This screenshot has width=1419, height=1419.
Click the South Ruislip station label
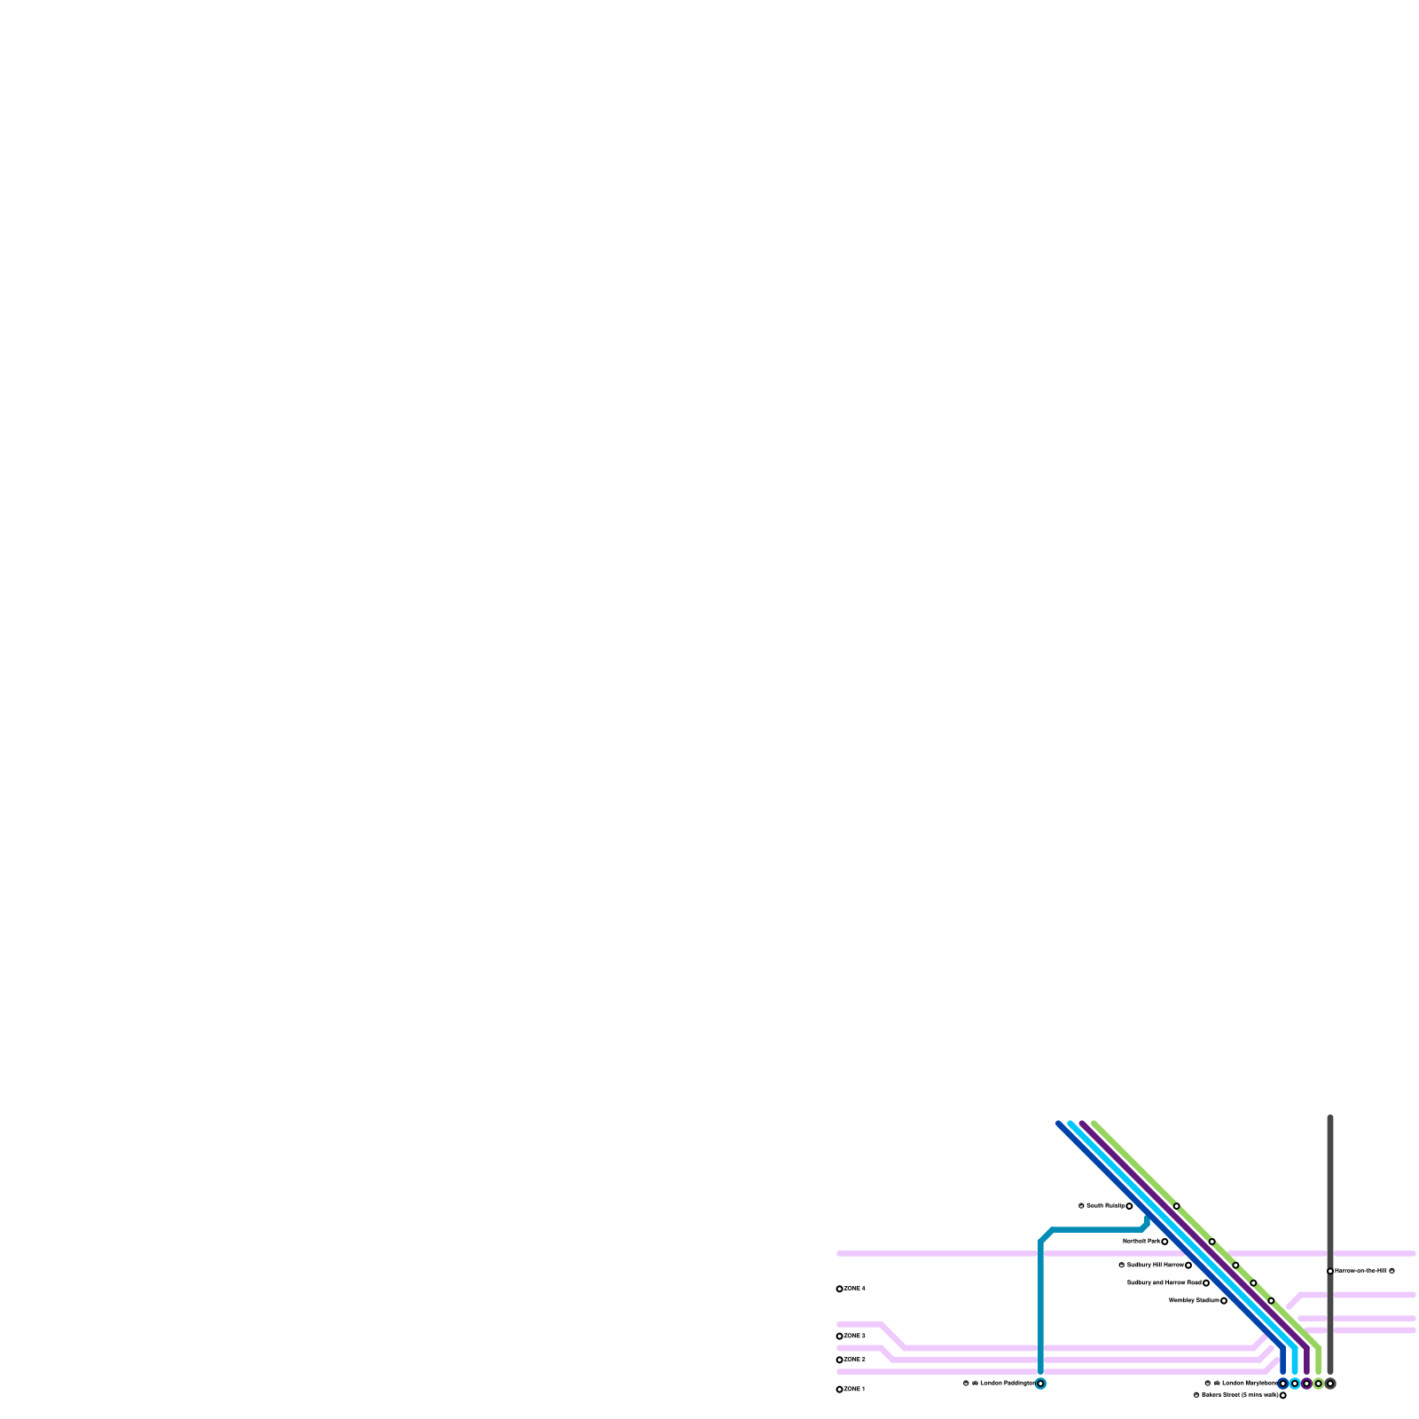(x=1105, y=1206)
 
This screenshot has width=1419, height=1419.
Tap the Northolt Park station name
(x=1141, y=1242)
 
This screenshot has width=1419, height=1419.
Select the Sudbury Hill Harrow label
(x=1155, y=1265)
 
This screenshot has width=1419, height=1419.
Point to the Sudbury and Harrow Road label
(x=1164, y=1282)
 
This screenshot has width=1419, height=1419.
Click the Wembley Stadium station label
(x=1193, y=1301)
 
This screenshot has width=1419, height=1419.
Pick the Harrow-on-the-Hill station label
(x=1360, y=1271)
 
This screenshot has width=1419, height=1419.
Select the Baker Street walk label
(x=1240, y=1395)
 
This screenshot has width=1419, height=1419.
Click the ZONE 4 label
(x=855, y=1289)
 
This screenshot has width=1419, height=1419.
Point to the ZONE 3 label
(x=855, y=1336)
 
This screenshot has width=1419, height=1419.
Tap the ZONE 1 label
(x=855, y=1389)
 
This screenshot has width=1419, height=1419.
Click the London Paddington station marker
(x=1040, y=1384)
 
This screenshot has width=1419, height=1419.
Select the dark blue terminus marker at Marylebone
(x=1282, y=1384)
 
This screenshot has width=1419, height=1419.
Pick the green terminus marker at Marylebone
(x=1318, y=1384)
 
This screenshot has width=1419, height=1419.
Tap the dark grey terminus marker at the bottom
(x=1330, y=1384)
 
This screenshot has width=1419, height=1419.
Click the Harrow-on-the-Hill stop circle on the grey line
(x=1330, y=1271)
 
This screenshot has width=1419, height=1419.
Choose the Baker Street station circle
(x=1282, y=1395)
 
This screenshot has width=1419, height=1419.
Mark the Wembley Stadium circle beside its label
(x=1224, y=1301)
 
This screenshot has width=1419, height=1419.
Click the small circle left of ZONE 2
(x=840, y=1360)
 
